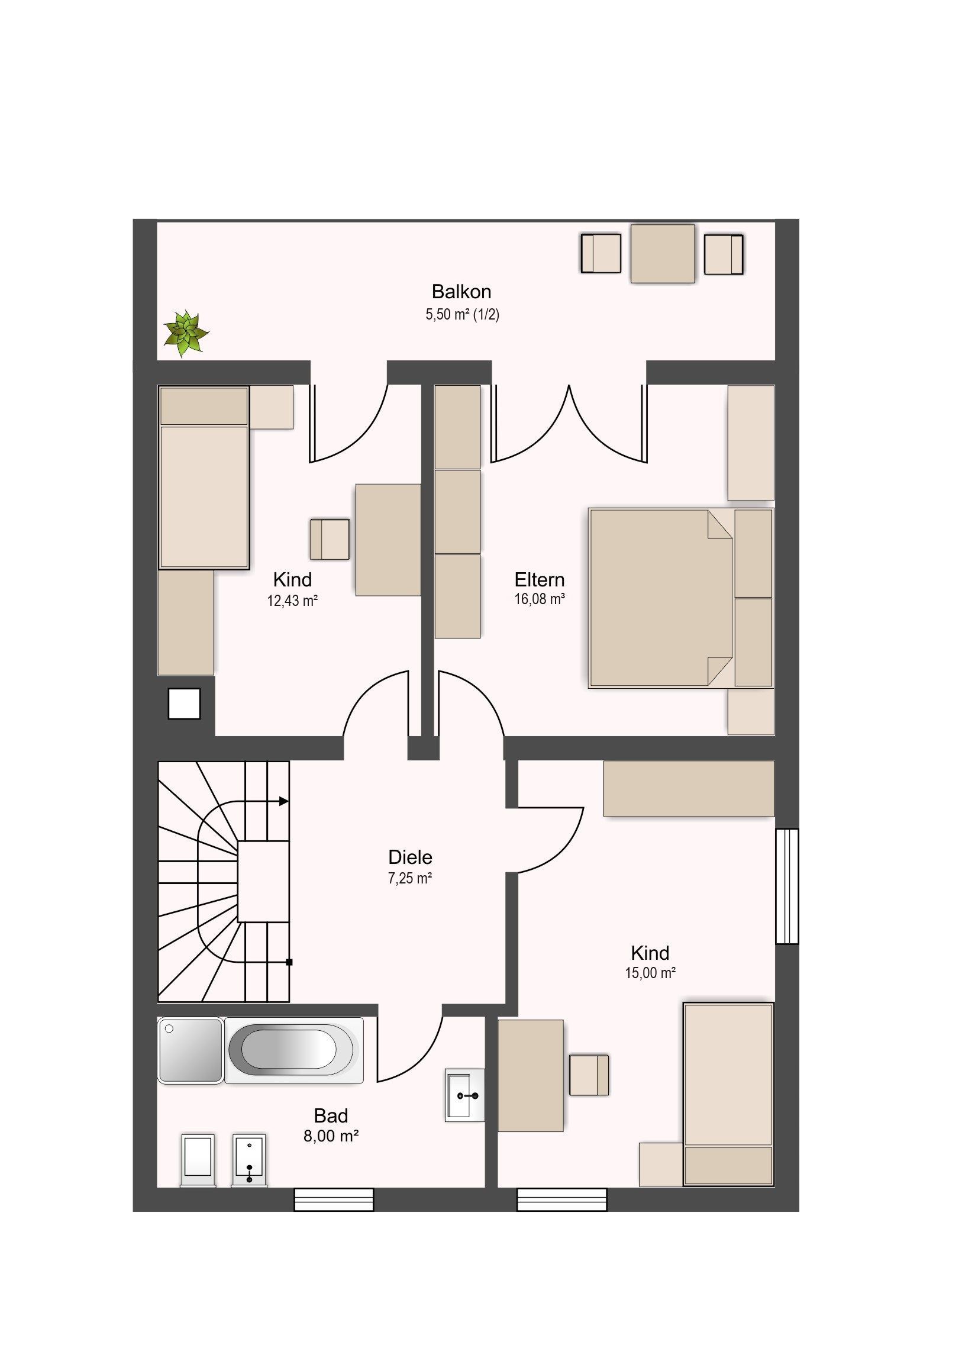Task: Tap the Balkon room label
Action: (x=461, y=292)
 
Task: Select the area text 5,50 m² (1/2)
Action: (x=462, y=314)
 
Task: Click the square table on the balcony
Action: (x=662, y=254)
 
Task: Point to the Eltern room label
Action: (x=540, y=579)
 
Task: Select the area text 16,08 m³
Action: (x=540, y=599)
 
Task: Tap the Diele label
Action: (x=410, y=857)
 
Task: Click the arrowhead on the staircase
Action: (x=284, y=801)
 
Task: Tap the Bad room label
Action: (x=331, y=1116)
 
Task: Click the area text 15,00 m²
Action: (x=650, y=973)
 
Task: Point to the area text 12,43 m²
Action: (x=293, y=601)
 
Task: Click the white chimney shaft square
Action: (x=184, y=704)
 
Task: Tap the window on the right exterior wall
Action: (x=787, y=886)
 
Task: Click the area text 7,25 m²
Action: (x=410, y=879)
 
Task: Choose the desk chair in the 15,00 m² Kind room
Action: (x=589, y=1075)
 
